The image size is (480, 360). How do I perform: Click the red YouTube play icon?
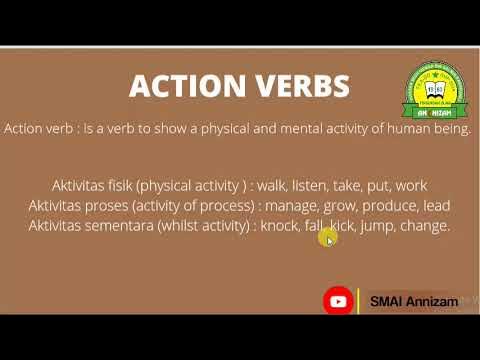[338, 300]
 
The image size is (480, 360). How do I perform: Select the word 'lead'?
[437, 206]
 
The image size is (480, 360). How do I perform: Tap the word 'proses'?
[120, 206]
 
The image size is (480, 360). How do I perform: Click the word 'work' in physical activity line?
[411, 186]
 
